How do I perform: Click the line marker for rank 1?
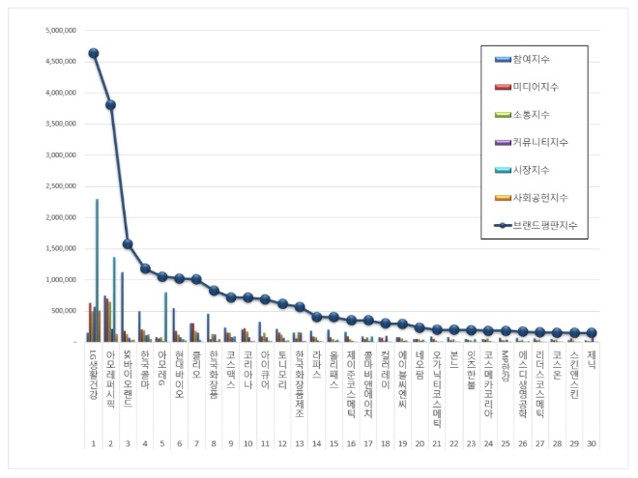(94, 53)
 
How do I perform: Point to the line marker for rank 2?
(111, 104)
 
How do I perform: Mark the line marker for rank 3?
(129, 243)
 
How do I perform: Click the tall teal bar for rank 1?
(97, 270)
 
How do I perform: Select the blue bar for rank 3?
(122, 307)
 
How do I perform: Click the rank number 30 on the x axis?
(592, 442)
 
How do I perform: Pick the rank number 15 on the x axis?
(333, 442)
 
